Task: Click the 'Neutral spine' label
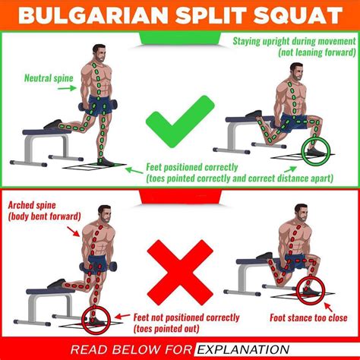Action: click(x=48, y=77)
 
